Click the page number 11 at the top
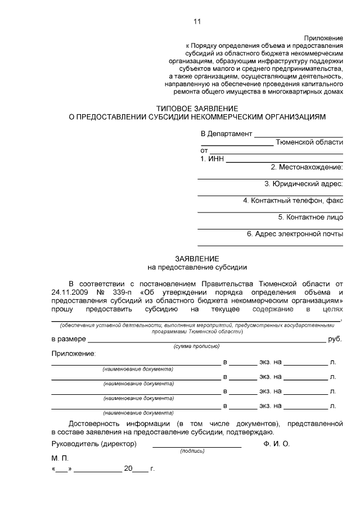[196, 22]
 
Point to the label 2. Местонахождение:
[307, 168]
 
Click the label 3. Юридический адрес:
[304, 184]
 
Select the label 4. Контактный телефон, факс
[293, 200]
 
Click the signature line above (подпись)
[197, 447]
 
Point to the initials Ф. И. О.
[276, 444]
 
